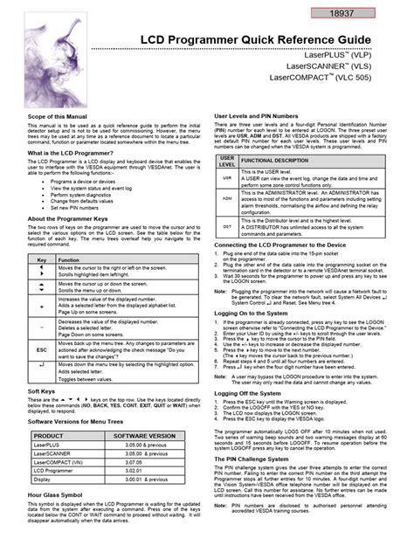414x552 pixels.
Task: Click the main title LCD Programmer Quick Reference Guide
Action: tap(263, 40)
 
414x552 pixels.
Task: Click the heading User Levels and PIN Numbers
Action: tap(265, 115)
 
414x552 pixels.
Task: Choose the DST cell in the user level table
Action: tap(226, 226)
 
